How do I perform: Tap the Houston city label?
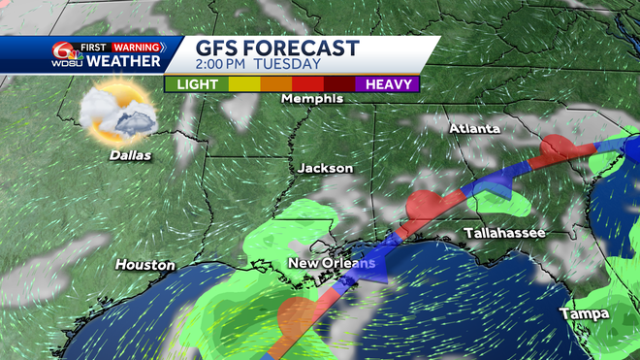pos(145,265)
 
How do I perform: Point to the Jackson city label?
pos(325,168)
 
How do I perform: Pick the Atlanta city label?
pos(474,129)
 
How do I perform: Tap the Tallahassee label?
pos(504,234)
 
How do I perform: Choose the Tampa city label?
pos(584,313)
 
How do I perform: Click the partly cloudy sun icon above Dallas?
pos(117,112)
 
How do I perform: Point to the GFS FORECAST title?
pos(278,49)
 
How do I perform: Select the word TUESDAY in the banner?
pos(289,65)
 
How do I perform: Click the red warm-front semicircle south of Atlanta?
pos(557,147)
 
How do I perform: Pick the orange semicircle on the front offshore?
pos(294,315)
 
